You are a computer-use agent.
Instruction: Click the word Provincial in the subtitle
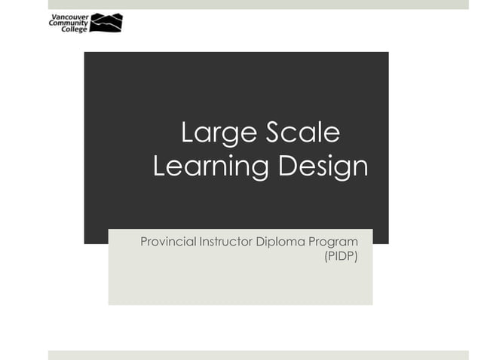[x=167, y=242]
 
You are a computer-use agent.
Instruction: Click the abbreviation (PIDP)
[x=340, y=257]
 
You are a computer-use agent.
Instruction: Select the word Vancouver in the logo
[x=67, y=16]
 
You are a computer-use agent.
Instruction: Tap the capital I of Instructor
[x=200, y=242]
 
